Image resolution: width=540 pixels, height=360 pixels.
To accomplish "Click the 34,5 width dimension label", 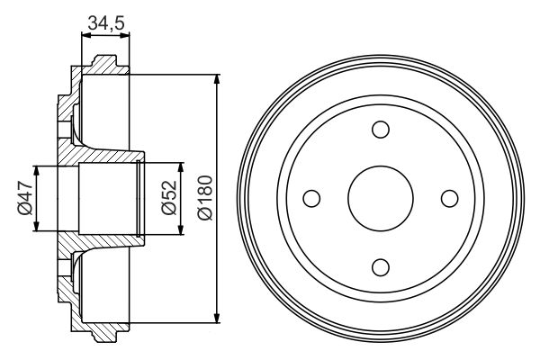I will point(106,23).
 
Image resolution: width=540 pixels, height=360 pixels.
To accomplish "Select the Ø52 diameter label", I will point(166,199).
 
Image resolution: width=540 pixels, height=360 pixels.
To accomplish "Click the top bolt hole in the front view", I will point(380,129).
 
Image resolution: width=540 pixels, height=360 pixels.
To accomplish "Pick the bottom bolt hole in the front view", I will point(380,266).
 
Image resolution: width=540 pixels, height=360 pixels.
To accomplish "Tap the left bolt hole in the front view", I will point(311,198).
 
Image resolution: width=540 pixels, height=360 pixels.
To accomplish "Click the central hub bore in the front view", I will point(380,198).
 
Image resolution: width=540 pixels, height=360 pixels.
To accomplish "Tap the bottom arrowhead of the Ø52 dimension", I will point(181,229).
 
